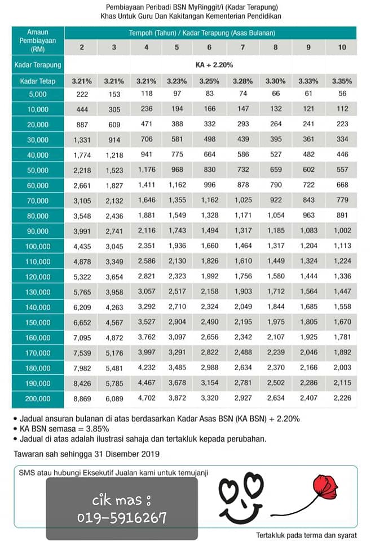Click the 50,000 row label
pos(38,170)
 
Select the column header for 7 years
pos(242,47)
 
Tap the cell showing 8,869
pos(82,399)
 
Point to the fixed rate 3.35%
pos(342,81)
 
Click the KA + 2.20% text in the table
pos(214,65)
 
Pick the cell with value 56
pos(342,94)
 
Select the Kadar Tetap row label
pos(38,81)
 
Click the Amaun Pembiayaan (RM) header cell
pos(38,41)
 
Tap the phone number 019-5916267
pos(122,517)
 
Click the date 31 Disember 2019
pos(127,454)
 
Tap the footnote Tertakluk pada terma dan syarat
pos(306,535)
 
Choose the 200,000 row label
pos(38,399)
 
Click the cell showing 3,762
pos(147,337)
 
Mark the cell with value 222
pos(82,94)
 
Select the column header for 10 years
pos(342,47)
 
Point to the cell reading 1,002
pos(342,231)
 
